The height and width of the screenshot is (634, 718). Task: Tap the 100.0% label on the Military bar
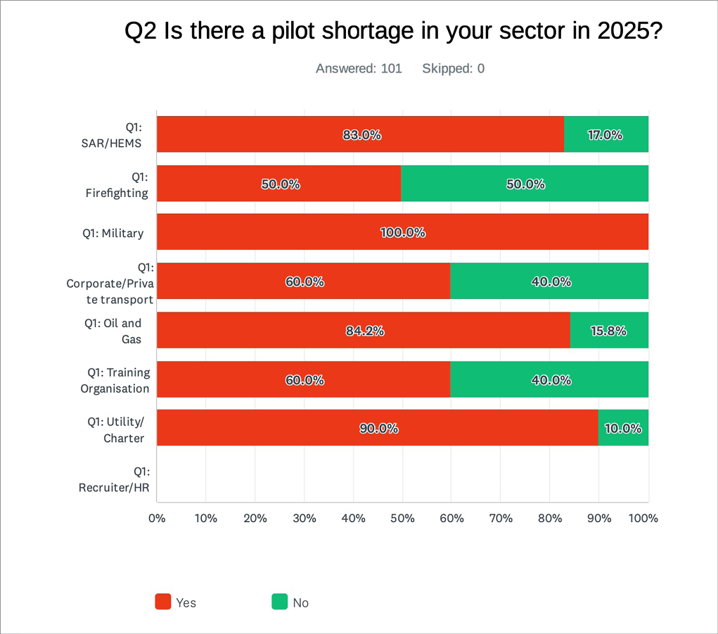tap(403, 233)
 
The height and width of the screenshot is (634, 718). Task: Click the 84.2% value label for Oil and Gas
tap(365, 331)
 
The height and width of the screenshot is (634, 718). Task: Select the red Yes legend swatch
tap(163, 602)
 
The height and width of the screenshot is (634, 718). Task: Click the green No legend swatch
tap(279, 602)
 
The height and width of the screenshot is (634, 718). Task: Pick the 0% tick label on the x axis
tap(157, 519)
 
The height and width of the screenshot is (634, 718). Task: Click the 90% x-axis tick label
tap(599, 519)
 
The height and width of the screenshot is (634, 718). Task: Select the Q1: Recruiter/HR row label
tap(114, 479)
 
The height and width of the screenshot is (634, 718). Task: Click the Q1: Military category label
tap(113, 234)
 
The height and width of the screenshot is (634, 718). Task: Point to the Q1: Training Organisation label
tap(115, 380)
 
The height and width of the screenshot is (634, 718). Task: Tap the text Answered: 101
tap(359, 69)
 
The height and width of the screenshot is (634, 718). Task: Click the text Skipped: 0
tap(453, 69)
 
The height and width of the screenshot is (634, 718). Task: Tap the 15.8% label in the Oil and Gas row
tap(608, 331)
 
